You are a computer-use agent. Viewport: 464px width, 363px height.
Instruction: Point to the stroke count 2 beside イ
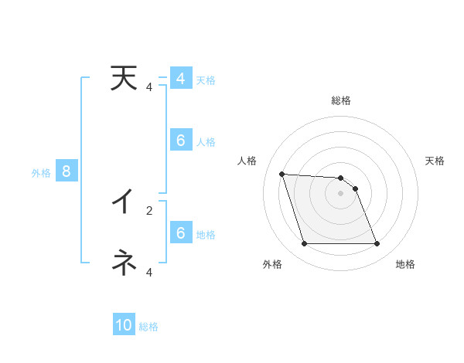point(149,209)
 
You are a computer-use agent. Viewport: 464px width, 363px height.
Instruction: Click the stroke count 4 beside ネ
point(149,272)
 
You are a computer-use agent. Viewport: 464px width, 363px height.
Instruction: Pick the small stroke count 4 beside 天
point(149,87)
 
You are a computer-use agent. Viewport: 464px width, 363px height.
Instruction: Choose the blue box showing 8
point(67,171)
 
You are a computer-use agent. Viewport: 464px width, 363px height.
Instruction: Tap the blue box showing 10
point(124,325)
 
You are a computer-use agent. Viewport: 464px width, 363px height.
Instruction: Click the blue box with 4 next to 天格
point(180,79)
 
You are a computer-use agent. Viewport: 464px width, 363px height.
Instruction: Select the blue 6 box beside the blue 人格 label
point(180,141)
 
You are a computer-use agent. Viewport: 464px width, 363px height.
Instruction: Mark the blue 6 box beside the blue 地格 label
point(180,233)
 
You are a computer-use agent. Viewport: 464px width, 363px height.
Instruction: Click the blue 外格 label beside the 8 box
point(41,173)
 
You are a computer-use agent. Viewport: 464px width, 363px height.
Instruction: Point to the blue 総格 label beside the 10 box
point(148,327)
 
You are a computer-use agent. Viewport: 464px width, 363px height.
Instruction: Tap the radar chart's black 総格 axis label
point(340,101)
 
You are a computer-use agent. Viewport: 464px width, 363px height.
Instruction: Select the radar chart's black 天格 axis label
point(435,161)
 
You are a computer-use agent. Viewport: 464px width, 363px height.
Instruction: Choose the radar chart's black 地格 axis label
point(405,264)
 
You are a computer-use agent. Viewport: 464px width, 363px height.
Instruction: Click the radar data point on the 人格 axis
point(281,174)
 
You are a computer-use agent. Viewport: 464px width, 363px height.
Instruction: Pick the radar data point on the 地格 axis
point(377,244)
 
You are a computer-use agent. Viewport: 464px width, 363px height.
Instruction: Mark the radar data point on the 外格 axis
point(304,244)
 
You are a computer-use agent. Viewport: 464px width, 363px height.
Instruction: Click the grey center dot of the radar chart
point(340,193)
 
